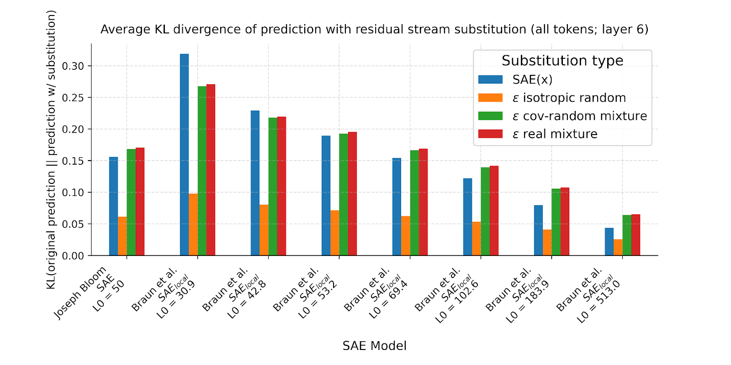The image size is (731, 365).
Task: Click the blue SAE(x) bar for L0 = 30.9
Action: [x=184, y=155]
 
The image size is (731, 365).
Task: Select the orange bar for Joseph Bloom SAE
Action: [x=122, y=236]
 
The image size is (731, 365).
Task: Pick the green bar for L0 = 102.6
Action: [x=485, y=211]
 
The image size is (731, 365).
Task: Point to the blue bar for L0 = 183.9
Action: [x=538, y=230]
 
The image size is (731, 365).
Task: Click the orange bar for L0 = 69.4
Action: [x=406, y=236]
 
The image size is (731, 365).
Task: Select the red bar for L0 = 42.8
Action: [x=281, y=186]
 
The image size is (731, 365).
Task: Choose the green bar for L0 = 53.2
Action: [x=344, y=194]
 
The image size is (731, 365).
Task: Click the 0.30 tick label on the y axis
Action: [x=73, y=66]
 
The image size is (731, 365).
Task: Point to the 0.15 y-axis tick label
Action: [x=73, y=161]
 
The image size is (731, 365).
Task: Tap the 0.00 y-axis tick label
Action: [x=73, y=256]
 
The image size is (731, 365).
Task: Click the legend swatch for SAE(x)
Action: [x=490, y=79]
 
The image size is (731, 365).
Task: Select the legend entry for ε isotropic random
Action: [x=569, y=98]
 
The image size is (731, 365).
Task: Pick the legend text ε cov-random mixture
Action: [x=579, y=116]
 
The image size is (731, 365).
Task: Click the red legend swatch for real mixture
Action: [x=490, y=134]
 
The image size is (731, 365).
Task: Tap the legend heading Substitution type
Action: [x=562, y=61]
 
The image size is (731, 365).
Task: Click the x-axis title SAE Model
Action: [x=374, y=346]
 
